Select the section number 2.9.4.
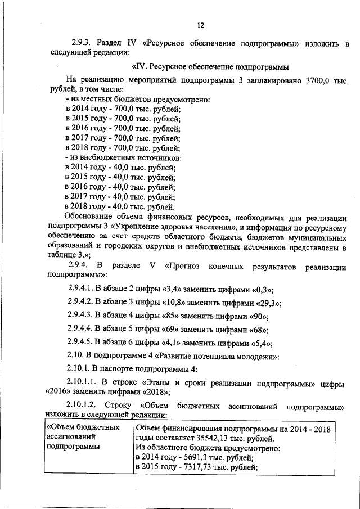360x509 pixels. coord(79,265)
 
